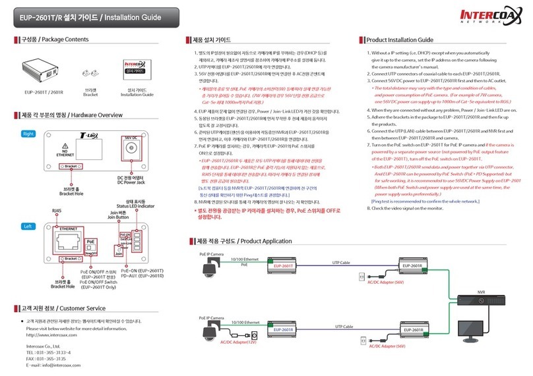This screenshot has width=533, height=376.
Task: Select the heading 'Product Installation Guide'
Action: point(400,40)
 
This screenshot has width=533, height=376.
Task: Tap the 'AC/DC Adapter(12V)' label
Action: point(238,342)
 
